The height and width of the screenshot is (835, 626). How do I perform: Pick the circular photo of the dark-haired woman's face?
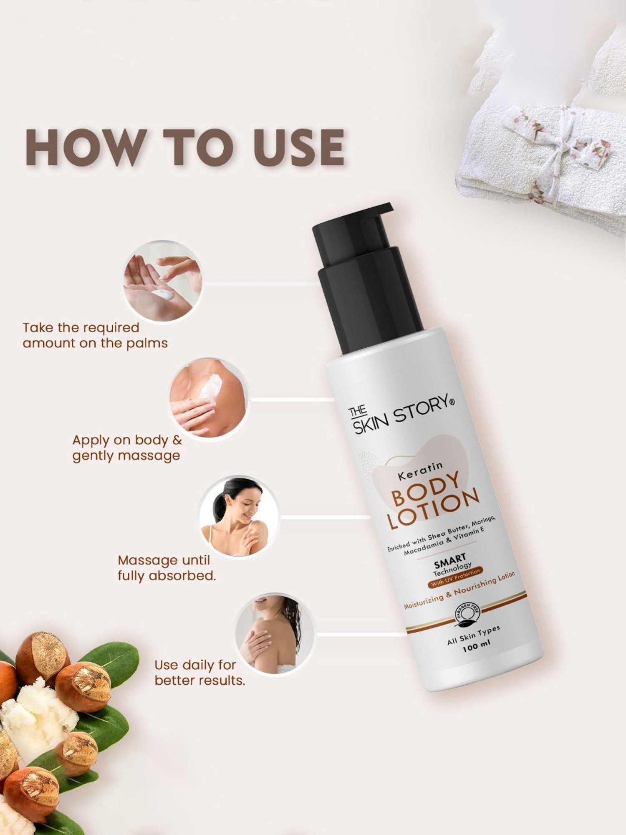pos(238,516)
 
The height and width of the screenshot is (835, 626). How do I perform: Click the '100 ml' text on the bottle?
pos(476,647)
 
